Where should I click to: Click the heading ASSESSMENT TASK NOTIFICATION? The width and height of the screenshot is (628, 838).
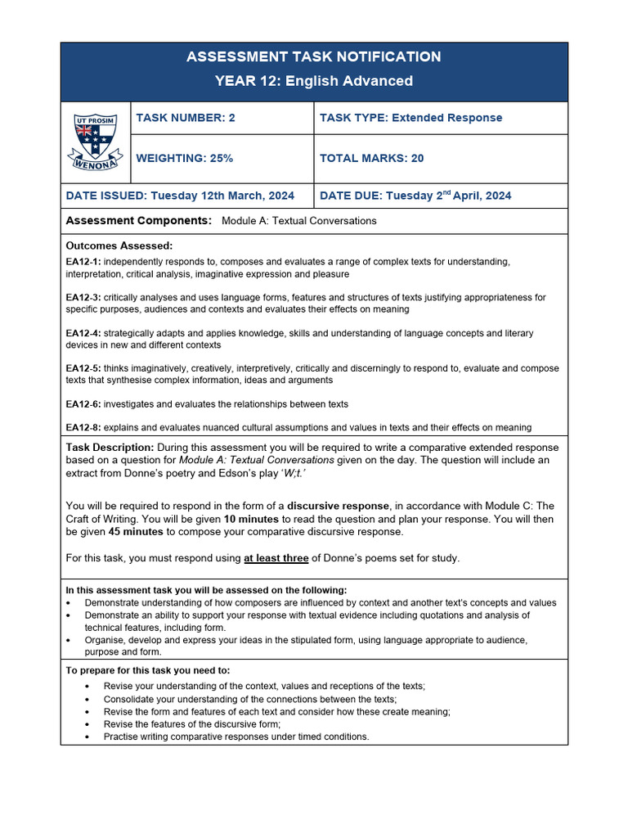[x=313, y=56]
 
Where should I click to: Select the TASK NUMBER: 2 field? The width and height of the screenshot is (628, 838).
[x=186, y=118]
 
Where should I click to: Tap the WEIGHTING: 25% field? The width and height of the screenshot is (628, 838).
[x=184, y=158]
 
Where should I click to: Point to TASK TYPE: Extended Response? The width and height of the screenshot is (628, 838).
[x=410, y=118]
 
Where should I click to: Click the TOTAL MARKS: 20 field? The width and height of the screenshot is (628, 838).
[x=371, y=158]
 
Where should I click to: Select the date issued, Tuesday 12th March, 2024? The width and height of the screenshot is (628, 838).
[x=180, y=196]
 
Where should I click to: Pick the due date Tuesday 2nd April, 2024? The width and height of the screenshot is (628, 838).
[x=415, y=196]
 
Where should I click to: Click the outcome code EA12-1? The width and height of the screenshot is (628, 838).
[x=83, y=262]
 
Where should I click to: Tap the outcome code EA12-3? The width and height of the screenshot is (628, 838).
[x=83, y=298]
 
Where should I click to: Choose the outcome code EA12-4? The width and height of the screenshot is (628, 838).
[x=83, y=333]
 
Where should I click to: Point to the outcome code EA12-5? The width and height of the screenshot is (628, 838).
[x=83, y=369]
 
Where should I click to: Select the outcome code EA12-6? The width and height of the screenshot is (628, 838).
[x=83, y=404]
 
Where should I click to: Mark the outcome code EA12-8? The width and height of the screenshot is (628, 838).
[x=83, y=427]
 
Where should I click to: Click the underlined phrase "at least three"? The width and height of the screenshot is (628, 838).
[x=276, y=558]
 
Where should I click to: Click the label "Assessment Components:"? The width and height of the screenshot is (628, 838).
[x=138, y=221]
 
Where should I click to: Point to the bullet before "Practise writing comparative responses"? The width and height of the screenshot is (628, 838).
[x=87, y=737]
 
